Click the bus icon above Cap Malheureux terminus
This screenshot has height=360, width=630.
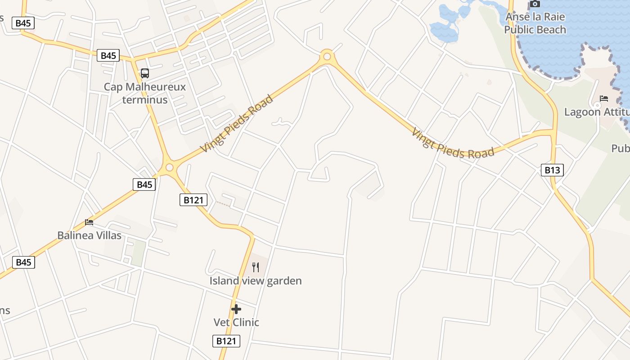pos(144,73)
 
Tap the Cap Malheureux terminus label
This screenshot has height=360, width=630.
pos(144,93)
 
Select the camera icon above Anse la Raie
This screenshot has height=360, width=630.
pos(535,4)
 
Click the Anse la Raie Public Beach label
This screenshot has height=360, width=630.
pos(535,23)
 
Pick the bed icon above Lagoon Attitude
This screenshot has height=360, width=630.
pos(603,99)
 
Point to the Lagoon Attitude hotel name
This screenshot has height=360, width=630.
pos(596,112)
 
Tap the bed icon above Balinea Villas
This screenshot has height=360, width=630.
pos(89,222)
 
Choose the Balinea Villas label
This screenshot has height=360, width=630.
pos(89,235)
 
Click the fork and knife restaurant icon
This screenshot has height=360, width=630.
pos(256,267)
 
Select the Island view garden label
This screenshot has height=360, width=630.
pos(256,281)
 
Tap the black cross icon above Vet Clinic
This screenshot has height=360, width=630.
pos(236,309)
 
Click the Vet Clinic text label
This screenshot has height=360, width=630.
pos(236,322)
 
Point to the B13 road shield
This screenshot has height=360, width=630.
pos(552,170)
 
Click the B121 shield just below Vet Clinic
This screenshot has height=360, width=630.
pos(226,341)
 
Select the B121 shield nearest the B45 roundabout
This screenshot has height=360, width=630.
pos(193,200)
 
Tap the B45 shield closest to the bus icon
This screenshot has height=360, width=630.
pos(108,56)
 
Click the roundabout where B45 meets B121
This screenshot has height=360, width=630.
pos(169,167)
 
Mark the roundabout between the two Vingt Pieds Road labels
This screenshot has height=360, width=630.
pos(327,57)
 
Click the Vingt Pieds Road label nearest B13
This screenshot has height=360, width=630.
pos(453,144)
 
